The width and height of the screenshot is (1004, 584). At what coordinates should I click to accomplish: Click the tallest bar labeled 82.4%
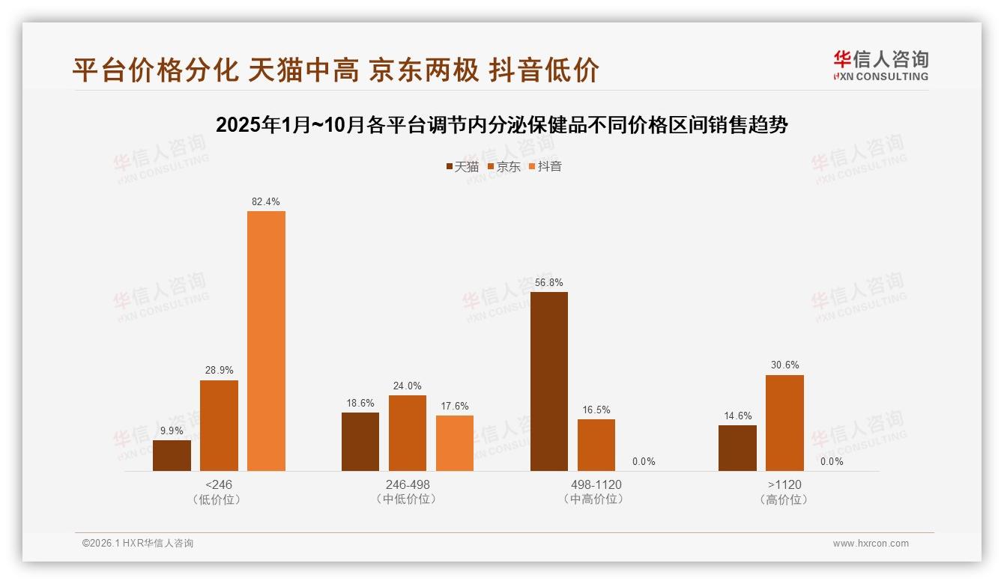[266, 341]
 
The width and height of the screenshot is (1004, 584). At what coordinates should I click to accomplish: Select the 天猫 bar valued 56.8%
[549, 381]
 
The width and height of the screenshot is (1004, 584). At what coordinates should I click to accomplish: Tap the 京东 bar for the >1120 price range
[784, 423]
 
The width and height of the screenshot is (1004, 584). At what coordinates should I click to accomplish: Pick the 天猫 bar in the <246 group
[172, 455]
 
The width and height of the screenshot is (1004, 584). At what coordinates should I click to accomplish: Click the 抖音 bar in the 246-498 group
[455, 443]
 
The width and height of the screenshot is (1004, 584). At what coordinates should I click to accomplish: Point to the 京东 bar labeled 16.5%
[596, 445]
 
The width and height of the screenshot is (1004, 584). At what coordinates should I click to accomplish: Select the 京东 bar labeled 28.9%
[219, 425]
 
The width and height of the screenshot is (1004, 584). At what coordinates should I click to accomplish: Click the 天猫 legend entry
[462, 166]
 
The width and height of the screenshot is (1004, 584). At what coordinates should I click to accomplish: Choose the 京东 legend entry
[504, 166]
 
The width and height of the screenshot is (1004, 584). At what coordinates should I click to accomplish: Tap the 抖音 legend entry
[545, 166]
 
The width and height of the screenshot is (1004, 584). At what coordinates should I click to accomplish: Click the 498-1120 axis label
[597, 484]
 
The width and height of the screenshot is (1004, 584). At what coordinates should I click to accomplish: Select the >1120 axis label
[784, 484]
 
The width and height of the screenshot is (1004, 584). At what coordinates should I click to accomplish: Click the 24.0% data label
[408, 386]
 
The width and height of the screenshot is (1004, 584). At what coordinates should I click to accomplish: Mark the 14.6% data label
[737, 416]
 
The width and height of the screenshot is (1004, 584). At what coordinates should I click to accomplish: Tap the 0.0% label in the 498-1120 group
[644, 461]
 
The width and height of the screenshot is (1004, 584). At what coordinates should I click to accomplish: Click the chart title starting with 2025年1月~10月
[501, 125]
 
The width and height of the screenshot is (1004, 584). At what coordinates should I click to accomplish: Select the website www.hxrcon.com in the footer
[871, 544]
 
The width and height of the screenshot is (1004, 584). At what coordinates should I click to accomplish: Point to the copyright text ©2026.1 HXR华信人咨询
[138, 544]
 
